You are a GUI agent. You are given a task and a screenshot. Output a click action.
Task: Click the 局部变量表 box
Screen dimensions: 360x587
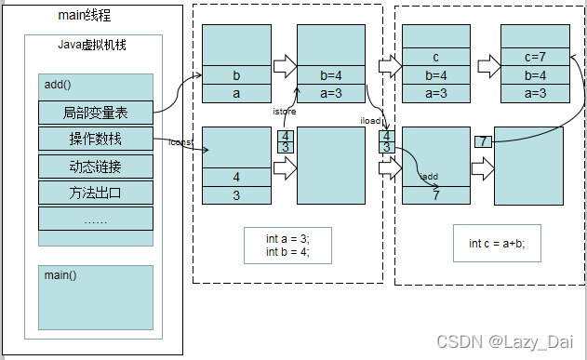pos(96,113)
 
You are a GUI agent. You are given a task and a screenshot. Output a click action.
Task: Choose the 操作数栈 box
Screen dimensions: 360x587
pos(96,140)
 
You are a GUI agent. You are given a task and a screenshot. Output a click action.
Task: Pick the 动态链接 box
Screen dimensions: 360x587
pos(96,167)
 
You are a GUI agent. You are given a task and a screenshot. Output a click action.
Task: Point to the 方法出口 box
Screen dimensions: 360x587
pos(96,193)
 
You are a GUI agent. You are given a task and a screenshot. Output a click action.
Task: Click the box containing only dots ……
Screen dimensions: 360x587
pos(96,220)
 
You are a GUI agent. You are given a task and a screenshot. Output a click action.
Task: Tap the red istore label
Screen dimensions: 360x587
pos(284,111)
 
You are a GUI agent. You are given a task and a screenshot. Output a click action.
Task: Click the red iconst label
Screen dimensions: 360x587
pos(180,142)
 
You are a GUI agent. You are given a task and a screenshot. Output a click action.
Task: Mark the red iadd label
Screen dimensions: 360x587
pos(429,175)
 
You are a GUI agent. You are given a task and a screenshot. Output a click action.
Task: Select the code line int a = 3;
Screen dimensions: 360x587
pos(287,239)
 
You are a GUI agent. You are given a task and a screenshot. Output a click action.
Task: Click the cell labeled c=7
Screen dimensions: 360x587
pos(534,58)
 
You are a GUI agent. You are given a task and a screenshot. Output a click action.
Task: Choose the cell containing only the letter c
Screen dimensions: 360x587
pos(435,58)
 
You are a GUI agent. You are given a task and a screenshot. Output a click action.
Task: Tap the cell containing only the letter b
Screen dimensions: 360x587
pos(236,75)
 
